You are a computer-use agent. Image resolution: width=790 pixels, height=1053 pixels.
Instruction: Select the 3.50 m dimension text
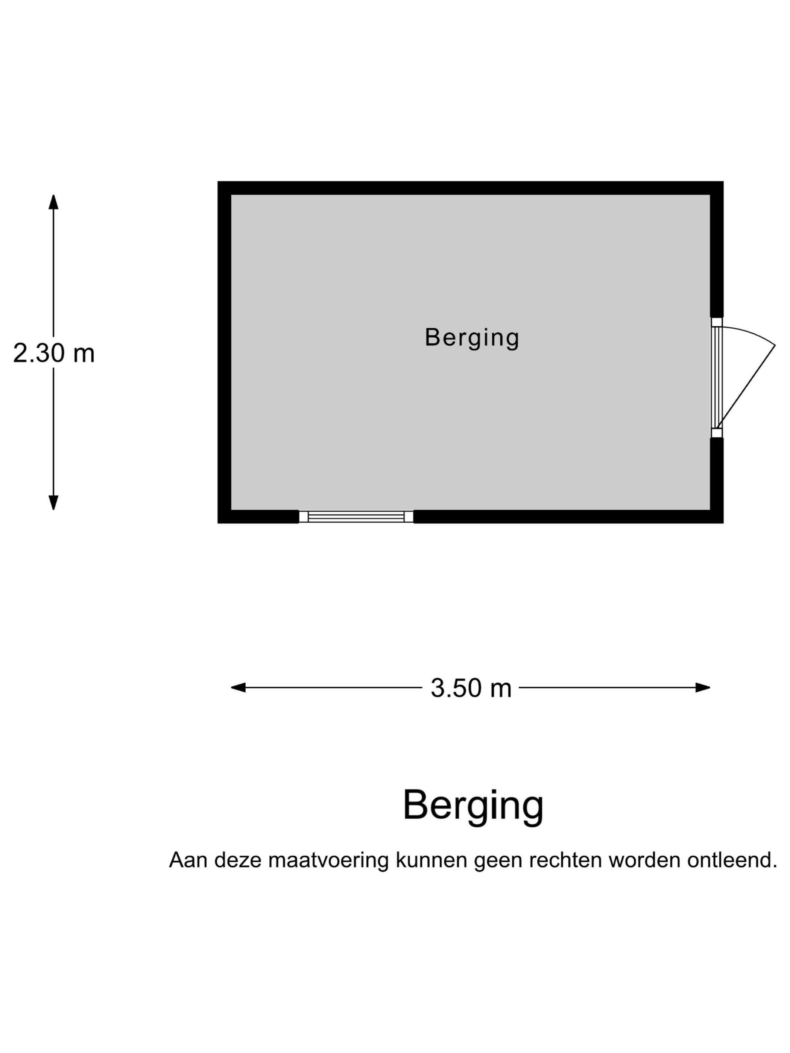[471, 688]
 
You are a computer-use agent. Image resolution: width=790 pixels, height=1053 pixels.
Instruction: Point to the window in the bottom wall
[356, 516]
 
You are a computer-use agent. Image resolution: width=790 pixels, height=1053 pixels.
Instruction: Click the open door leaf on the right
[746, 386]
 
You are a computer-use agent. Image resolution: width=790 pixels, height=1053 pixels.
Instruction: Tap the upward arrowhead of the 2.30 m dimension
[53, 202]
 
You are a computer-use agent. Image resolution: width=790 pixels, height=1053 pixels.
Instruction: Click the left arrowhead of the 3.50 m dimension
[238, 687]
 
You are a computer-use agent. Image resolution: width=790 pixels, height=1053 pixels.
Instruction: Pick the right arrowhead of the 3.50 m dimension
[703, 687]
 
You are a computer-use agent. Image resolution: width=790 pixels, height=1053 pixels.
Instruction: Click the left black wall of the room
[224, 352]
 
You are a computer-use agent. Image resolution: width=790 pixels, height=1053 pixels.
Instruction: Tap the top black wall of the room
[471, 188]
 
